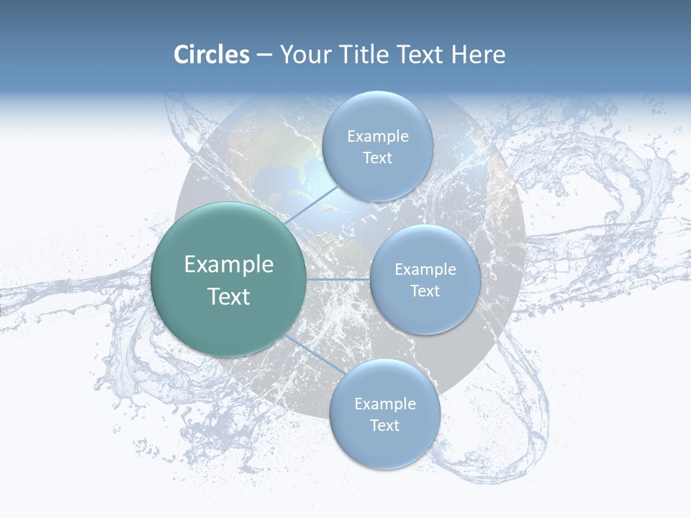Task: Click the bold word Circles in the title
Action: (x=212, y=55)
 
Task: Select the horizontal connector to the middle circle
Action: (x=338, y=279)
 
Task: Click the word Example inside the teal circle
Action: (x=229, y=265)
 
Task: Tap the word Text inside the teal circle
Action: (x=229, y=296)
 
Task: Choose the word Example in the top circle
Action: (x=378, y=137)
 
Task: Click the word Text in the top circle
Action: (x=377, y=158)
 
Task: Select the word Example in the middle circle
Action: (x=425, y=270)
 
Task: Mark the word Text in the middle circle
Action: (x=425, y=291)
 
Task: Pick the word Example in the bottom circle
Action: (x=385, y=404)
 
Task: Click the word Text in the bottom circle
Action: (x=384, y=426)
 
